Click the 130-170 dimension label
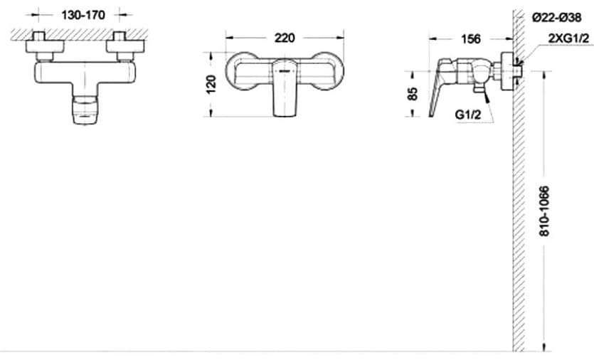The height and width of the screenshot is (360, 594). (83, 15)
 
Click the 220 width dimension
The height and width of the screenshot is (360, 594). (285, 38)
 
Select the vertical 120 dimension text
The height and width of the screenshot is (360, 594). (211, 84)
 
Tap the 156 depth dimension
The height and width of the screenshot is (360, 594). (470, 39)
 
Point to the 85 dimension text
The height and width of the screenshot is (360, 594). (413, 94)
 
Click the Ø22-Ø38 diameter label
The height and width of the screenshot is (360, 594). (556, 18)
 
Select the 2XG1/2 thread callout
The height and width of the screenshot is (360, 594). (568, 38)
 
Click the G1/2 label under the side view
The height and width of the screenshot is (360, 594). (468, 114)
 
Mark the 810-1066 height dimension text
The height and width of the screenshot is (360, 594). (544, 211)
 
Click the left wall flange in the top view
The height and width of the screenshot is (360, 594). (45, 46)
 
